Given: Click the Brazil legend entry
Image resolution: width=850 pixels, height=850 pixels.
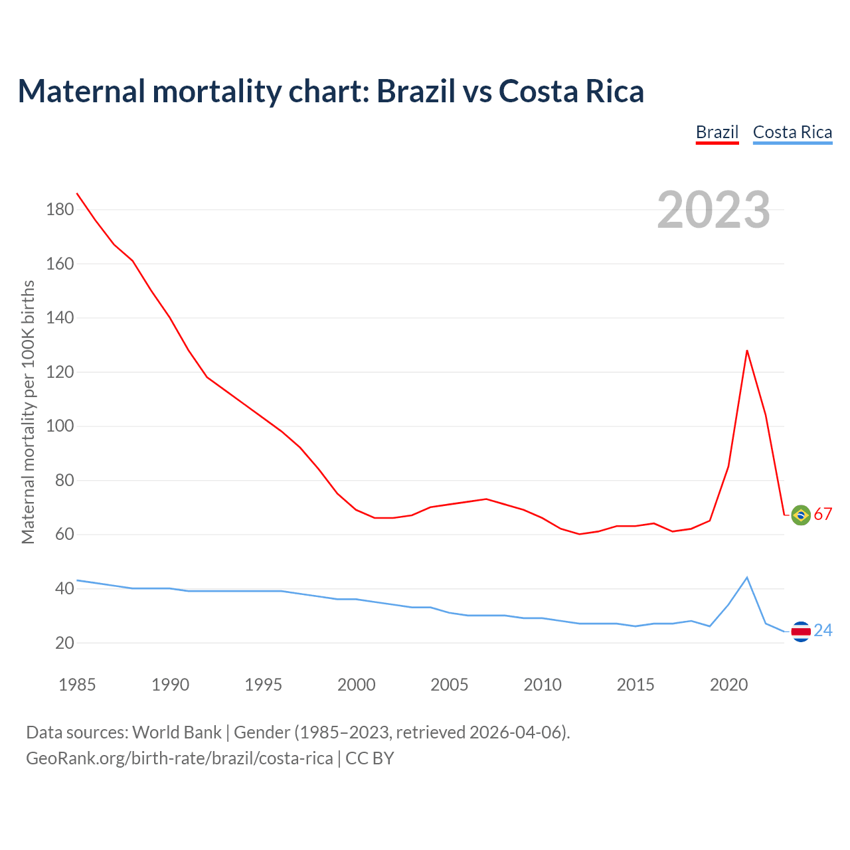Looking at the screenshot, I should click(x=717, y=132).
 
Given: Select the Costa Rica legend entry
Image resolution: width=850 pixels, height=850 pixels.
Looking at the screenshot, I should click(x=792, y=132).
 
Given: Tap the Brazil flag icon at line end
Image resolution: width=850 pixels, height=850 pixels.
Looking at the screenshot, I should click(x=801, y=515).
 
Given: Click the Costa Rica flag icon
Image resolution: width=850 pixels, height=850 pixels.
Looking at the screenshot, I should click(x=801, y=631).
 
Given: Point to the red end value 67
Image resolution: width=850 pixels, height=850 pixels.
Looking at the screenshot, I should click(x=823, y=515).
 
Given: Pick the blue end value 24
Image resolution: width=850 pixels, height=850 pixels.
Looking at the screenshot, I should click(x=823, y=631).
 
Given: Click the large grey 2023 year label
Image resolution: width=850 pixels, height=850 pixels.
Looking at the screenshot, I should click(x=714, y=210).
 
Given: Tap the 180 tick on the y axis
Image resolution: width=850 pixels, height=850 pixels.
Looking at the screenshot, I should click(x=60, y=210).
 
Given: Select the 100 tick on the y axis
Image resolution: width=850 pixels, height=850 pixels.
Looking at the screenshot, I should click(x=60, y=426).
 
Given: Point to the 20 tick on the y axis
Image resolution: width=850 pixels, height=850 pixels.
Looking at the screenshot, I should click(x=64, y=643).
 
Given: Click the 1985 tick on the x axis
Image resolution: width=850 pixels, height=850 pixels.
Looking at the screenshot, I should click(x=77, y=685).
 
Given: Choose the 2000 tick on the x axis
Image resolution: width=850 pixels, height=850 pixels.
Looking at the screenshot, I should click(x=357, y=685).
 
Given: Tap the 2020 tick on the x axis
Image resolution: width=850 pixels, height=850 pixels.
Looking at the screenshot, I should click(x=728, y=685).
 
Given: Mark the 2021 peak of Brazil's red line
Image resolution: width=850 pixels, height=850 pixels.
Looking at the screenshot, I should click(x=747, y=351).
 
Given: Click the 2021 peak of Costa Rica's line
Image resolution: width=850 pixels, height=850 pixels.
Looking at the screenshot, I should click(x=747, y=578).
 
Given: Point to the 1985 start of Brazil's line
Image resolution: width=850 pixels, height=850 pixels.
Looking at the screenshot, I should click(x=78, y=193).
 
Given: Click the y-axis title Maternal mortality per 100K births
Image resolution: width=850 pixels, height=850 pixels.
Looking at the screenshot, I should click(x=28, y=412).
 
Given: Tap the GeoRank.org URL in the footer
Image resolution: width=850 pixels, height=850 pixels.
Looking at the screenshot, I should click(x=179, y=758).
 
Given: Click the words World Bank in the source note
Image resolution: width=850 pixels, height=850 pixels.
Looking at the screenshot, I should click(x=177, y=732).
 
